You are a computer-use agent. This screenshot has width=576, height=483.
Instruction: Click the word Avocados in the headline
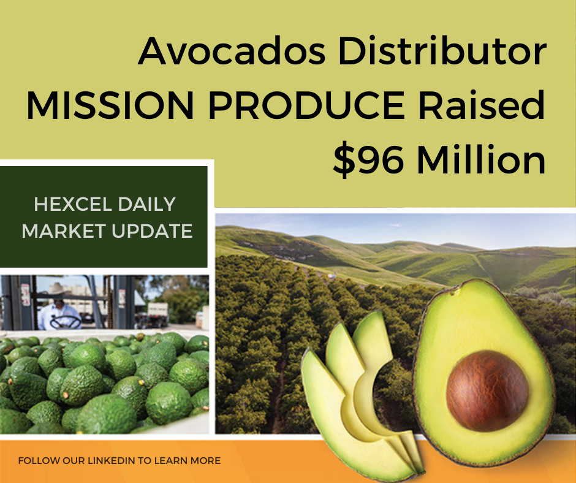tap(232, 51)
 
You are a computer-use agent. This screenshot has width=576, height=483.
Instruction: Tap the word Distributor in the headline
tap(445, 50)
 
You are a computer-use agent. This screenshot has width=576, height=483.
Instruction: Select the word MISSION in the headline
tap(110, 105)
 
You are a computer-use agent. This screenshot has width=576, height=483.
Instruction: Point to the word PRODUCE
tap(307, 105)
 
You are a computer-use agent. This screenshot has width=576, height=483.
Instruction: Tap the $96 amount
tap(368, 159)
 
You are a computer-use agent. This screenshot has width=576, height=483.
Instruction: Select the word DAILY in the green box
tap(146, 204)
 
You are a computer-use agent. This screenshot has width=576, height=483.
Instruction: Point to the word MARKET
tap(64, 231)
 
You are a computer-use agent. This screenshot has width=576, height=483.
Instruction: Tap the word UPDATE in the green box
tap(152, 231)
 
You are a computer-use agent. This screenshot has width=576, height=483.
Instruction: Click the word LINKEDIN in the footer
tap(112, 460)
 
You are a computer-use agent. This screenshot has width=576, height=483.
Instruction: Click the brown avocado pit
tap(488, 390)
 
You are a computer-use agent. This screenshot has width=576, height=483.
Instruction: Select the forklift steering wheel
tap(66, 322)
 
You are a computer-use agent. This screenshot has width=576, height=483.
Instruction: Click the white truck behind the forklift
tap(158, 314)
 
